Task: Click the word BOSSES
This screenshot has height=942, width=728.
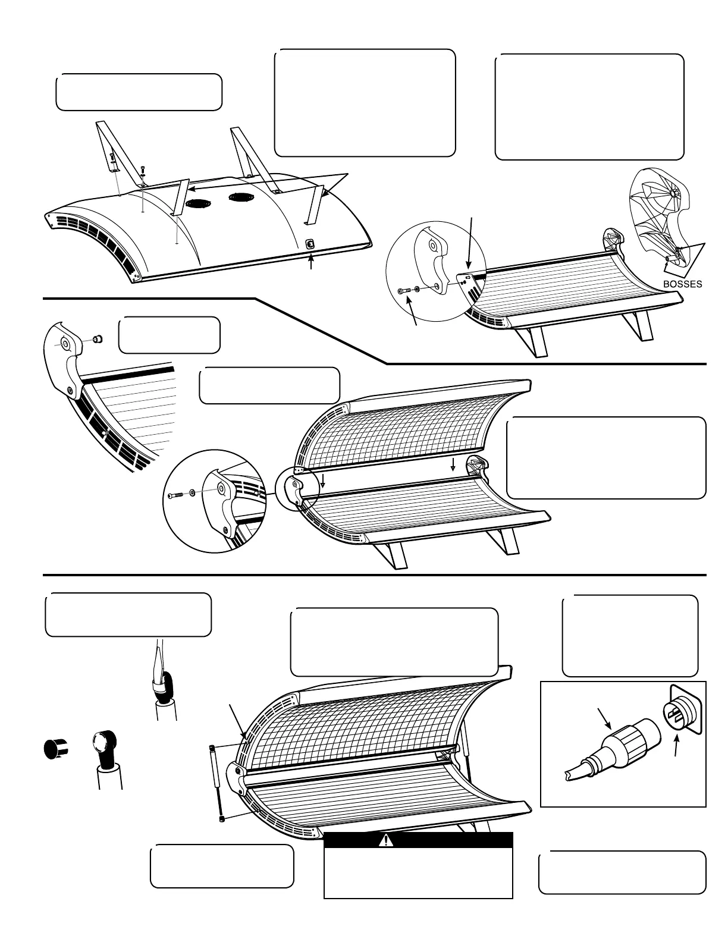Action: pos(682,284)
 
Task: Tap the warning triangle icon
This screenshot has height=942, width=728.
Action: pos(388,840)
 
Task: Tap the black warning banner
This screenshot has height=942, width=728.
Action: pos(418,840)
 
